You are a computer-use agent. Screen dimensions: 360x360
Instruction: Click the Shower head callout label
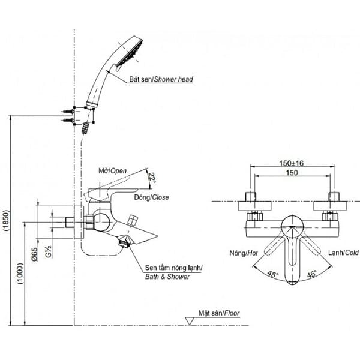[161, 79]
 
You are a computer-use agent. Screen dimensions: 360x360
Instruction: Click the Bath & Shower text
[167, 277]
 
